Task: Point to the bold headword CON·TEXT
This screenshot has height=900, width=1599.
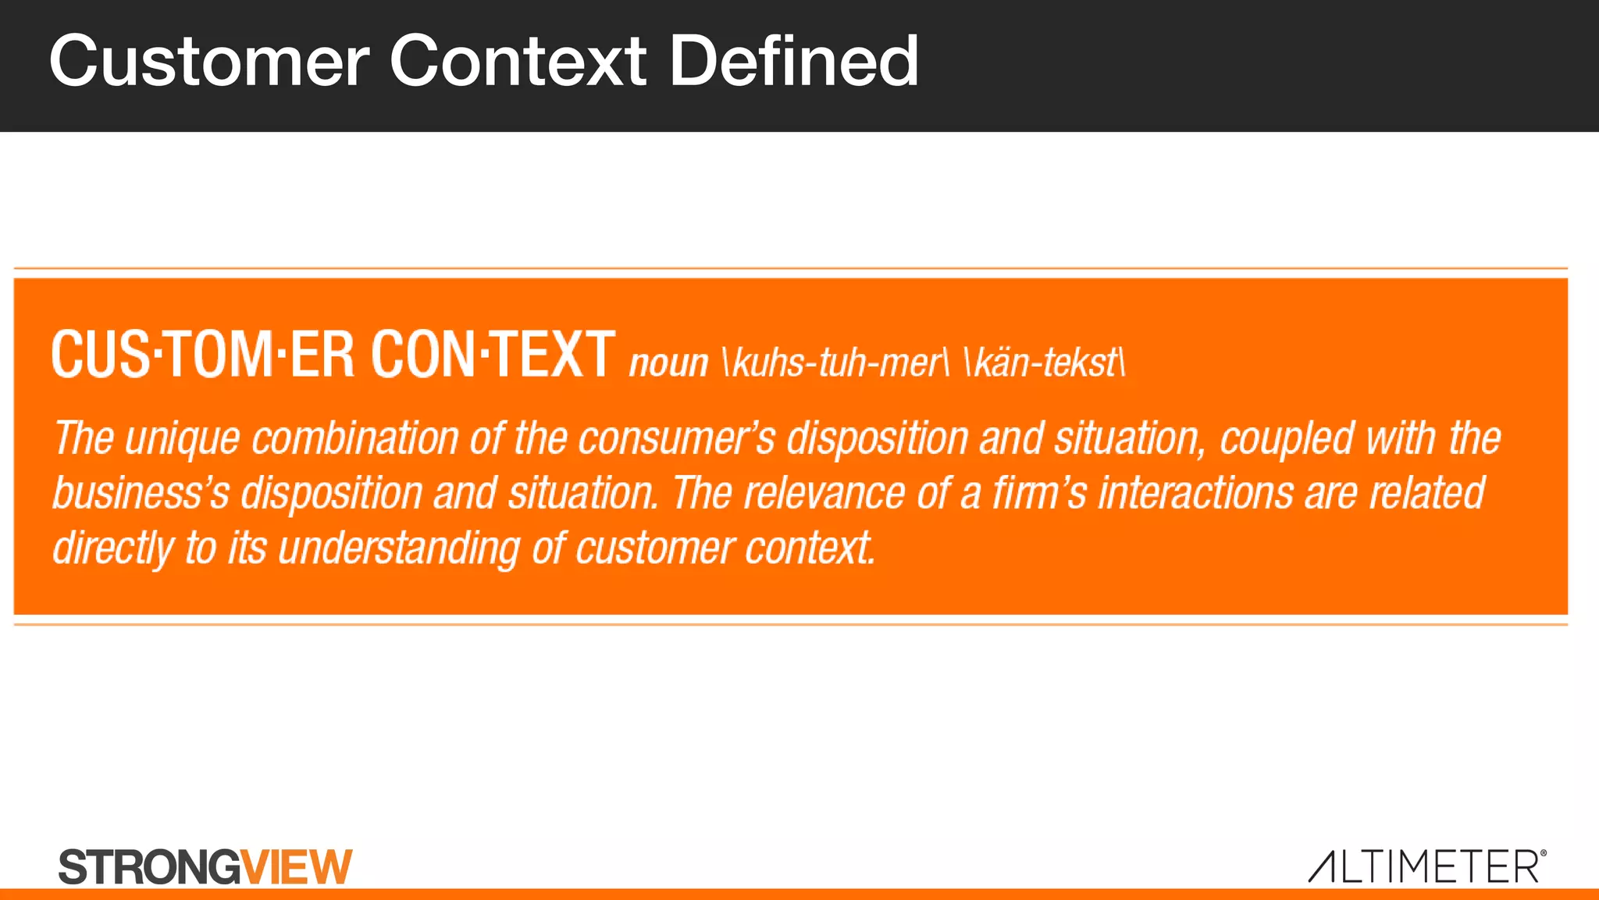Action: coord(493,355)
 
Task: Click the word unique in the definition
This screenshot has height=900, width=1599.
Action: coord(182,438)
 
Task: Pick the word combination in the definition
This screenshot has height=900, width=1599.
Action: coord(354,438)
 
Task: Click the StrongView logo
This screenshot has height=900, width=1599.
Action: coord(205,866)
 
